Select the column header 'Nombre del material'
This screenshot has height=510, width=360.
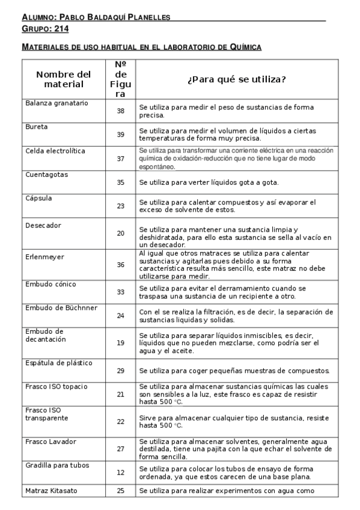pyautogui.click(x=63, y=79)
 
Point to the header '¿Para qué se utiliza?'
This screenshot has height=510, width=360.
pyautogui.click(x=236, y=79)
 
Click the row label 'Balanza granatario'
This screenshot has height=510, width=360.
pyautogui.click(x=56, y=103)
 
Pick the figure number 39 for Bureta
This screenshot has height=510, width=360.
pyautogui.click(x=121, y=134)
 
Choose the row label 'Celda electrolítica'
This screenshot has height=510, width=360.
pyautogui.click(x=55, y=150)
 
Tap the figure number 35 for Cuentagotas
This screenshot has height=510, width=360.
pyautogui.click(x=121, y=182)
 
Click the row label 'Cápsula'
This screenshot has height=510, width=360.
pyautogui.click(x=38, y=198)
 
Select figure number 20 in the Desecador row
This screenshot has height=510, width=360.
pyautogui.click(x=121, y=233)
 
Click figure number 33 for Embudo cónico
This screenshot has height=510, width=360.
pyautogui.click(x=121, y=292)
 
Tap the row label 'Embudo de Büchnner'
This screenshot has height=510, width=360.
pyautogui.click(x=61, y=308)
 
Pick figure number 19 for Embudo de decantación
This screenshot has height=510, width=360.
pyautogui.click(x=121, y=342)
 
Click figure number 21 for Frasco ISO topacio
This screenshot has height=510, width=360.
pyautogui.click(x=121, y=394)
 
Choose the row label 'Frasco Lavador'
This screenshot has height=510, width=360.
pyautogui.click(x=50, y=441)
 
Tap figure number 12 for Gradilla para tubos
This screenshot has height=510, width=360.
pyautogui.click(x=121, y=473)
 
